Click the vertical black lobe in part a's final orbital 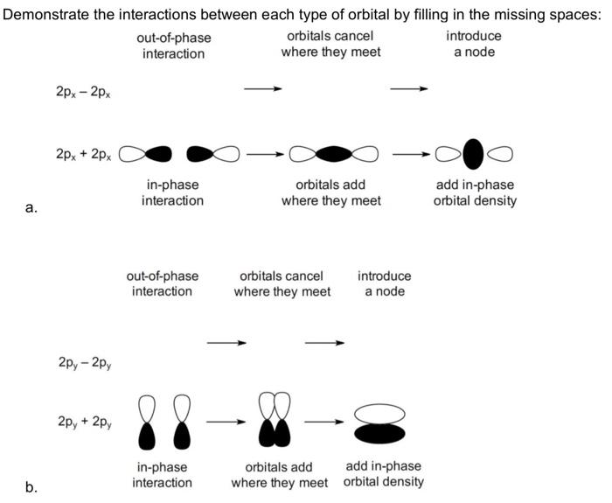click(x=473, y=154)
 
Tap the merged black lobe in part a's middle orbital click(x=334, y=154)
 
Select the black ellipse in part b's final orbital click(x=379, y=432)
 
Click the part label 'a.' click(x=31, y=208)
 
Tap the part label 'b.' click(x=31, y=487)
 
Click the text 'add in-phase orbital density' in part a click(x=475, y=193)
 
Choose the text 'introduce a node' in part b click(x=384, y=283)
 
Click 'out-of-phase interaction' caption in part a click(x=173, y=45)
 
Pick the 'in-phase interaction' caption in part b click(x=162, y=475)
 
